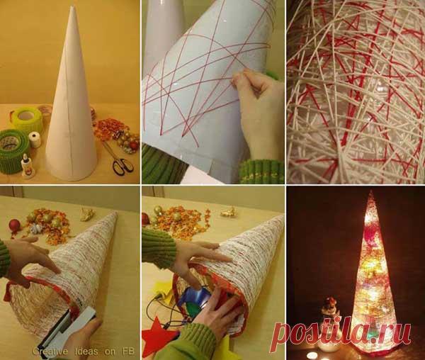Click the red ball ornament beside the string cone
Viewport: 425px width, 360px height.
[14, 225]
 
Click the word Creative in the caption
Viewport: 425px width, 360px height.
[50, 351]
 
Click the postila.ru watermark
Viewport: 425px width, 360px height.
[341, 334]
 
